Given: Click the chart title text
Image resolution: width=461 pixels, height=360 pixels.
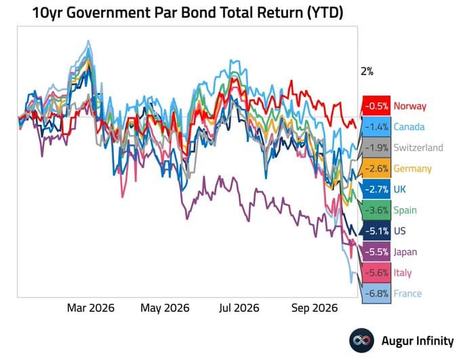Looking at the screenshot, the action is pos(188,13).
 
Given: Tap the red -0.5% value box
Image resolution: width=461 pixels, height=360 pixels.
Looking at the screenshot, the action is pos(376,106).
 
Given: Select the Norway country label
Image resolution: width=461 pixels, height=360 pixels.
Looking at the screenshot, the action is pos(410,106).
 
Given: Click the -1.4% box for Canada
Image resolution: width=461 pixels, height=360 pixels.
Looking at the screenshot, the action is pos(376,127).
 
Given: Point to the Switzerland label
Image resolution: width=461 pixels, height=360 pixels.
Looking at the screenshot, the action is pos(418,148).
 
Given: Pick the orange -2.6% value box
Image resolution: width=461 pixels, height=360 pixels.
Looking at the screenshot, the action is pos(376,169).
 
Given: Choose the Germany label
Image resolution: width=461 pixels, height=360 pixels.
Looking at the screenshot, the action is pos(412,169).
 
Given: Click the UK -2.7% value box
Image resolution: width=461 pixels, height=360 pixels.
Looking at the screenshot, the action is pos(376,189).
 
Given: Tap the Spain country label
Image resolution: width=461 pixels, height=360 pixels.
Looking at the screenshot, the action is pos(405,210).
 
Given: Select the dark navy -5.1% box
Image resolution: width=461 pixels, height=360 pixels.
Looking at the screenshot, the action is pos(376,231).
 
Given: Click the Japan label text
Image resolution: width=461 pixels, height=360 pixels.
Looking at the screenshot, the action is pos(405,252).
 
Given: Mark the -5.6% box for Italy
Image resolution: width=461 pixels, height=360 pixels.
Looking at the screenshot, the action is pos(376,273).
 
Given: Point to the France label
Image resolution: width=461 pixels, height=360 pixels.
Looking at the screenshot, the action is pos(407,294).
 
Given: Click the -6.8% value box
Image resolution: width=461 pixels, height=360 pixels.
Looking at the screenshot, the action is pos(376,294).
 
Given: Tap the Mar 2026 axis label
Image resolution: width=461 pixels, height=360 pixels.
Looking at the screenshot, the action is pos(91,308).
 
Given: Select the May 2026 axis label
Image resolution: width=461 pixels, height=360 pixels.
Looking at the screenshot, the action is pos(165,308).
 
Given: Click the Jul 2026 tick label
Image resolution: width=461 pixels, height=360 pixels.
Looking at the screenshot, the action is pos(239,308).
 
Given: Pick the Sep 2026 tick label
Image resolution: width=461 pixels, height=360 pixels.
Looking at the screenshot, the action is pos(315,308).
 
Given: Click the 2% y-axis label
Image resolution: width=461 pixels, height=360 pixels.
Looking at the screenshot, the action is pos(367,71).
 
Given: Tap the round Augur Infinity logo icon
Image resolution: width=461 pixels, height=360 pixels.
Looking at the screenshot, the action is pos(361,340).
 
